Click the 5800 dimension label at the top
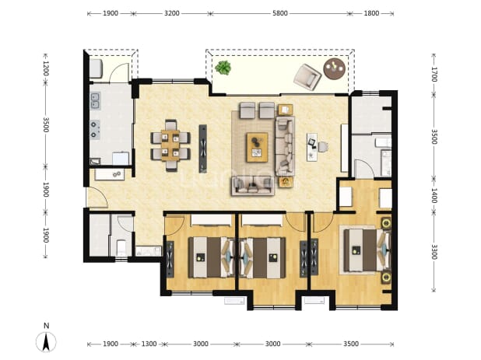click(x=280, y=13)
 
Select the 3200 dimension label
click(x=172, y=13)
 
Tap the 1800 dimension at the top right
click(x=371, y=13)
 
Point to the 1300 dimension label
click(x=149, y=344)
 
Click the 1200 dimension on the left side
click(x=46, y=68)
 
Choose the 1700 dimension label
click(x=434, y=75)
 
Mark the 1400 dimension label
click(x=434, y=195)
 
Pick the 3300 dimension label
click(x=434, y=252)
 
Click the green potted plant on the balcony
click(x=223, y=68)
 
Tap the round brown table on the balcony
click(x=335, y=68)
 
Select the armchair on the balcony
click(x=307, y=77)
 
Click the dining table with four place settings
click(x=170, y=145)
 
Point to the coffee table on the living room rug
click(x=257, y=147)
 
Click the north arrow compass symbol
click(x=46, y=342)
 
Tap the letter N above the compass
click(x=47, y=325)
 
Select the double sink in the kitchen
click(x=96, y=101)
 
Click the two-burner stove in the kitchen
click(x=95, y=129)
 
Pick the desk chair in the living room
click(x=323, y=147)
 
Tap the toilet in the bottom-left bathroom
click(x=121, y=247)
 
